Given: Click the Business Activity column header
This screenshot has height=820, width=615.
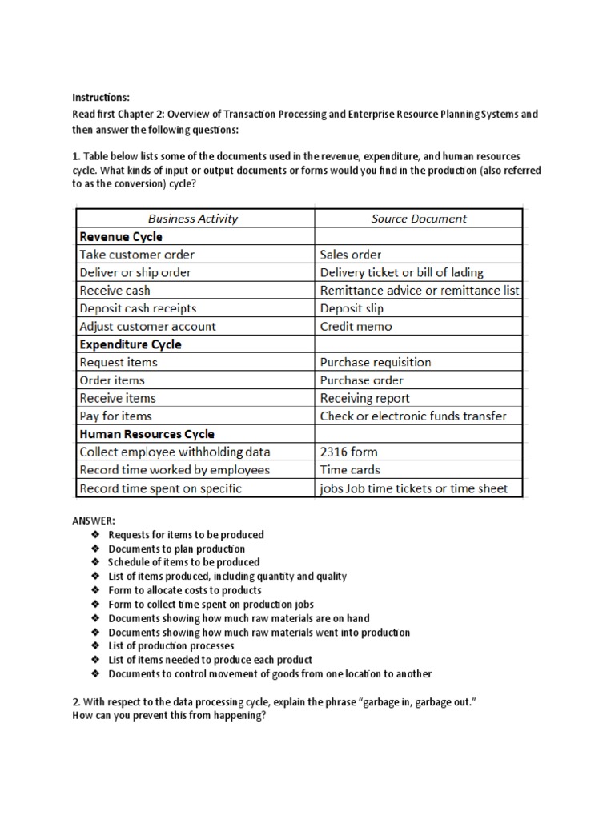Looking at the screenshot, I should [x=193, y=218].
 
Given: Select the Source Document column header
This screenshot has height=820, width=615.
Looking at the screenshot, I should [x=420, y=218].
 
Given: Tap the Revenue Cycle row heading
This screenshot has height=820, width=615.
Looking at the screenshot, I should [x=120, y=236].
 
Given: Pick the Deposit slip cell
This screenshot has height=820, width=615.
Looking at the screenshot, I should [x=352, y=308].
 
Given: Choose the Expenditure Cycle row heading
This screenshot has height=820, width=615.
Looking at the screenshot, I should [x=130, y=344].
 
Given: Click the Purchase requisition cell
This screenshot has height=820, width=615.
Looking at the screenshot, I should [x=376, y=362].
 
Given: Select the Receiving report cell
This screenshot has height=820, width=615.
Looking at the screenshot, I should [x=364, y=398].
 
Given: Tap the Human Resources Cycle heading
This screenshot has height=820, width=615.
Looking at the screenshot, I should [x=147, y=434].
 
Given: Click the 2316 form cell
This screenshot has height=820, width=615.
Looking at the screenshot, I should [x=350, y=452].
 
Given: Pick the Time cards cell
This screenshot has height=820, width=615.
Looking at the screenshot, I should [x=350, y=470].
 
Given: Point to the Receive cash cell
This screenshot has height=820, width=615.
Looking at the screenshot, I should [x=115, y=291].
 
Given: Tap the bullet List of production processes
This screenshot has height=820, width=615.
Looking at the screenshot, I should [x=171, y=645].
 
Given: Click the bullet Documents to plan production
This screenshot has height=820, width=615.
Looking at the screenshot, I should [x=176, y=549].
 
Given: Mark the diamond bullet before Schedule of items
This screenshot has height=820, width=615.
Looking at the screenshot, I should [x=94, y=562].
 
